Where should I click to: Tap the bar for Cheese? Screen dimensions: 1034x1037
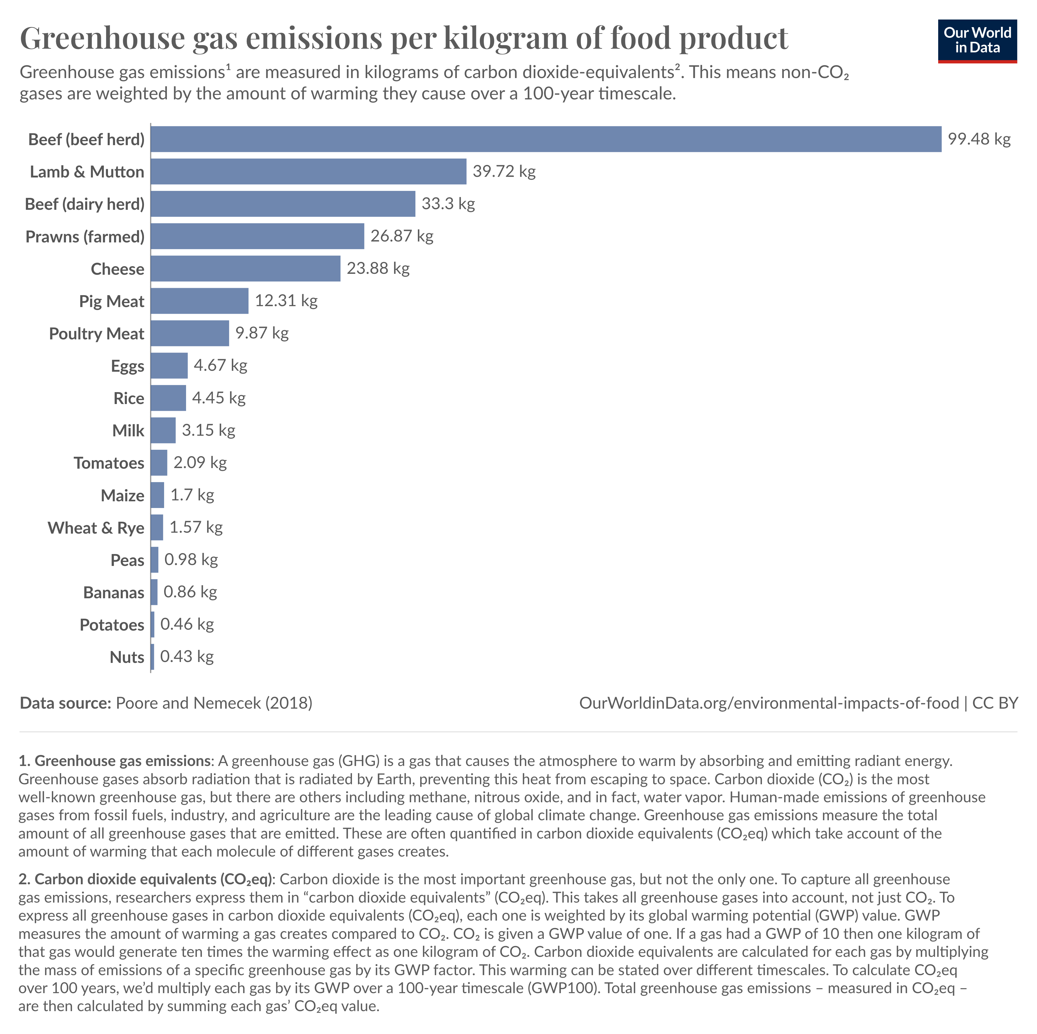[245, 268]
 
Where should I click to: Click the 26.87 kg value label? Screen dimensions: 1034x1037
[401, 236]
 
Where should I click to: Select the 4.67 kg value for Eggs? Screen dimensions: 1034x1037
[220, 365]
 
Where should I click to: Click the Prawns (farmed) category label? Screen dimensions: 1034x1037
[85, 237]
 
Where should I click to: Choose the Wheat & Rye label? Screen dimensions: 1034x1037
[96, 528]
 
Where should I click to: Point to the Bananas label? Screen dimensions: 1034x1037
[114, 592]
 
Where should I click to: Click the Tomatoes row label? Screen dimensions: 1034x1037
[109, 463]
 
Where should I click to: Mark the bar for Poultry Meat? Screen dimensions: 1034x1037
[189, 333]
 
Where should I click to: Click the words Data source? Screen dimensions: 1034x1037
[65, 703]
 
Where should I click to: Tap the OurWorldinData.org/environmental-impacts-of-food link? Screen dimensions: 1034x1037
[769, 703]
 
